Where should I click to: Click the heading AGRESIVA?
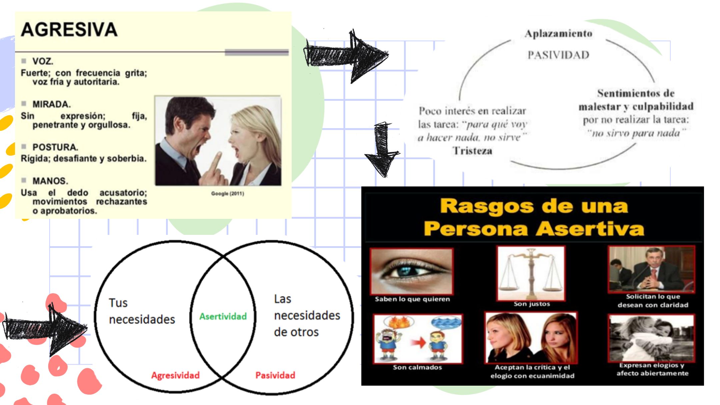click(x=69, y=30)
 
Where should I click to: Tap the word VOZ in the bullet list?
click(x=43, y=61)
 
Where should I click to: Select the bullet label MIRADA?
click(x=52, y=104)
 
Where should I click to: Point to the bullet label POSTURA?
click(x=55, y=147)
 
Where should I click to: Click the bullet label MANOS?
click(x=50, y=181)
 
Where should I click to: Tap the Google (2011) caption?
click(x=228, y=193)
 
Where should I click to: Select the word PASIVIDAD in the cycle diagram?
click(x=558, y=55)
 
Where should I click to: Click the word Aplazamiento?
click(x=559, y=33)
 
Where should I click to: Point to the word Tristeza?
click(x=472, y=151)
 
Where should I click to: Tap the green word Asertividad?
click(x=223, y=316)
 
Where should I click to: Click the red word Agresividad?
click(x=175, y=375)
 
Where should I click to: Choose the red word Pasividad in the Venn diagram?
click(x=275, y=375)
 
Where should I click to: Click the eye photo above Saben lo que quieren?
click(x=412, y=271)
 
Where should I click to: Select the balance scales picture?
click(x=531, y=273)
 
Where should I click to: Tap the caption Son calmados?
click(x=417, y=367)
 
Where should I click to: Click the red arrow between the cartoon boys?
click(x=418, y=342)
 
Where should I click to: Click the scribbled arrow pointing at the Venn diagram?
click(x=45, y=329)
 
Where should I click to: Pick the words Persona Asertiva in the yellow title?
click(x=534, y=229)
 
